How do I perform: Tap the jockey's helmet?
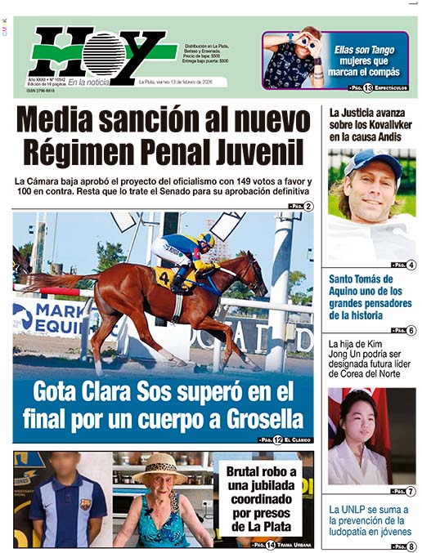pos(205,239)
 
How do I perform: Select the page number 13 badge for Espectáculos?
pos(368,87)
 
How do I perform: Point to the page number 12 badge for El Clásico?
pos(278,439)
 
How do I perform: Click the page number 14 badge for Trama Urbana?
pos(270,544)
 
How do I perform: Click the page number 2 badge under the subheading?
pos(308,206)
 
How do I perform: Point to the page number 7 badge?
pos(411,492)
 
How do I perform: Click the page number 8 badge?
pos(411,546)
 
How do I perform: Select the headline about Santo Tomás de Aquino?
pos(367,297)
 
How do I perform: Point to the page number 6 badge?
pos(411,330)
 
